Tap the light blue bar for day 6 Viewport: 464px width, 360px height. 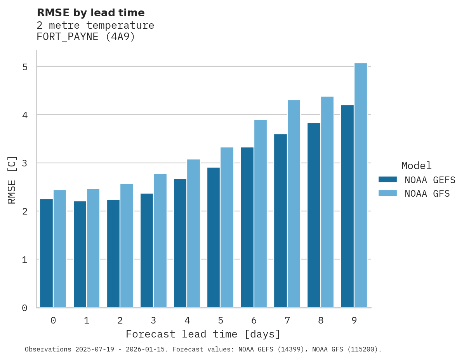coord(261,214)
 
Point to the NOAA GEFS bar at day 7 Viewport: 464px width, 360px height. coord(280,221)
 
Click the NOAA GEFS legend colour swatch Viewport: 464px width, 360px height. coord(388,180)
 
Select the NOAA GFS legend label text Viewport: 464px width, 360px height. coord(427,194)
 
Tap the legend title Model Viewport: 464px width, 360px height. coord(416,166)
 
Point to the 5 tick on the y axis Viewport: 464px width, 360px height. coord(25,67)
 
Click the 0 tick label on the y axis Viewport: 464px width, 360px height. coord(25,308)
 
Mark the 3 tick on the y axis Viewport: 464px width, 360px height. coord(25,163)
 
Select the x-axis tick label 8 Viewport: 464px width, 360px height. coord(321,320)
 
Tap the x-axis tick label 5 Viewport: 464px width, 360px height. coord(221,320)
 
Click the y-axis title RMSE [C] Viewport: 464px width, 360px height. coord(12,180)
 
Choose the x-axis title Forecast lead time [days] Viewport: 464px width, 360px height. coord(203,334)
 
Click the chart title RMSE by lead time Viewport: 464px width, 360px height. coord(90,13)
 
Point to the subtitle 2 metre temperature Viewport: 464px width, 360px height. coord(95,26)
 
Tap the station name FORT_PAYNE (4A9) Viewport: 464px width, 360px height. coord(85,37)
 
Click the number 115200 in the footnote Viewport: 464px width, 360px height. coord(364,350)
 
